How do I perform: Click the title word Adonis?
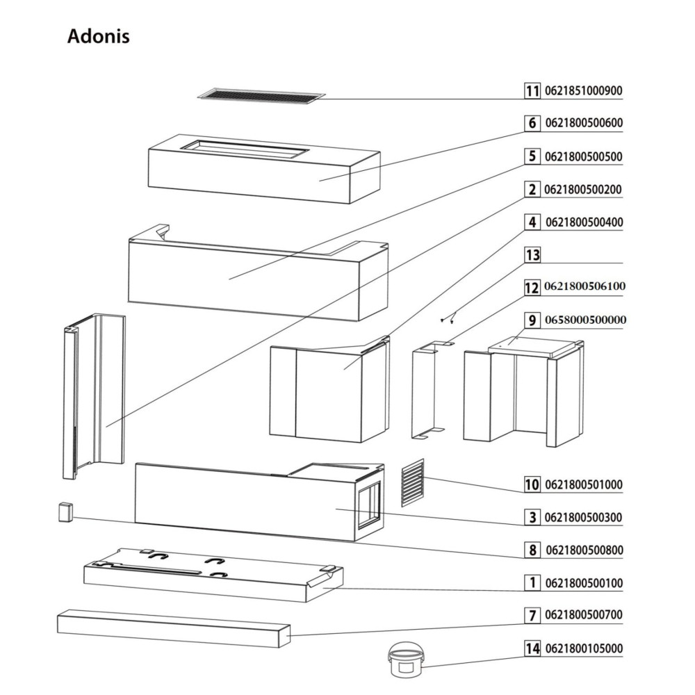pos(98,37)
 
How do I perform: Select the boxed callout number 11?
pos(532,91)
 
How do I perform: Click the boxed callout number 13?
pos(532,255)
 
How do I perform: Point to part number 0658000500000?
pos(586,320)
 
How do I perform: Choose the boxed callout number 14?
pos(532,649)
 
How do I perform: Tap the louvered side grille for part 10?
pos(412,482)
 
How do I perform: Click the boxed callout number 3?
pos(532,517)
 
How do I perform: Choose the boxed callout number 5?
pos(532,156)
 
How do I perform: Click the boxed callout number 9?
pos(532,320)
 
